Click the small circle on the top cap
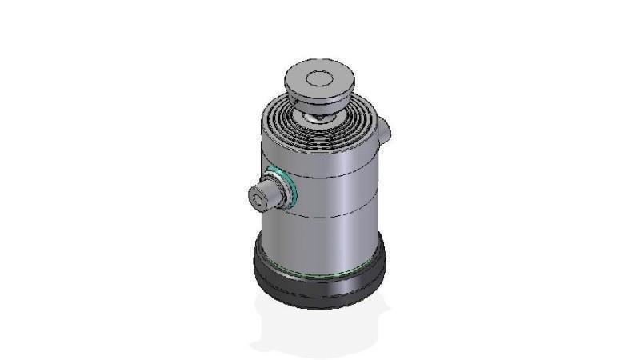coord(319,78)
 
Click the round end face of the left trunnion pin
coord(259,195)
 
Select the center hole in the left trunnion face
coord(258,195)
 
